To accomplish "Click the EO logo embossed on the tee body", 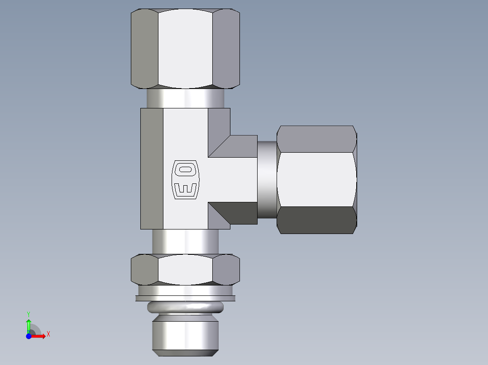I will click(186, 179).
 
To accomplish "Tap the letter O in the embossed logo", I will click(186, 170).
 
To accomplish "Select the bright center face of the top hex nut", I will click(185, 49).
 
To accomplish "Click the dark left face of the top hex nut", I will click(144, 49).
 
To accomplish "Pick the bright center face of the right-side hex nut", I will click(316, 179).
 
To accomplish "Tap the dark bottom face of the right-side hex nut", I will click(316, 220).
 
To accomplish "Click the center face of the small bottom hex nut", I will click(185, 269).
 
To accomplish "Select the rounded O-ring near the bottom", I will click(185, 308).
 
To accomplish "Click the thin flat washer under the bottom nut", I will click(185, 298).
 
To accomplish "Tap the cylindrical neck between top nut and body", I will click(185, 98).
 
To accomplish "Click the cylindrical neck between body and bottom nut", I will click(185, 241).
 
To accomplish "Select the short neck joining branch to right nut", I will click(267, 179).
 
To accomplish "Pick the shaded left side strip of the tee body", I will click(152, 168).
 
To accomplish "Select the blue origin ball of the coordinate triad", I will click(29, 336).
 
